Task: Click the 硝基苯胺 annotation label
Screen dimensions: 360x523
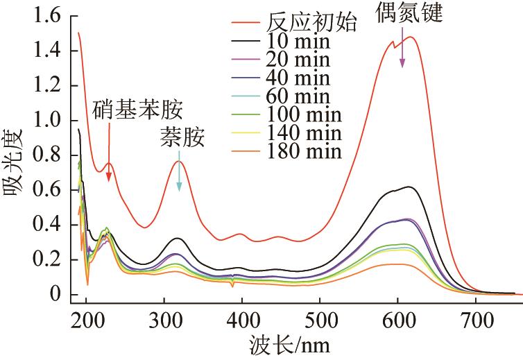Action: (139, 108)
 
